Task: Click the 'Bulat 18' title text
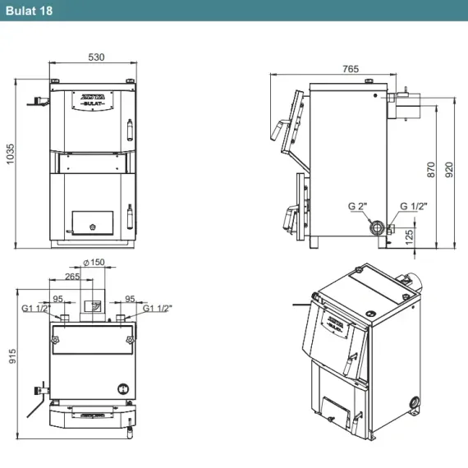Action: click(29, 11)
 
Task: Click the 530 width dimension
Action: click(96, 57)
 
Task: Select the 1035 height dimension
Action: click(10, 154)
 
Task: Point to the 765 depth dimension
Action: click(351, 69)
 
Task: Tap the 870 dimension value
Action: click(431, 170)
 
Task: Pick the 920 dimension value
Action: click(449, 170)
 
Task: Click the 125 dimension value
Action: click(410, 236)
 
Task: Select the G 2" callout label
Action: click(357, 206)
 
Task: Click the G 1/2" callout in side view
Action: click(413, 206)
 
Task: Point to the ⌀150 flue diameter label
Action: click(94, 263)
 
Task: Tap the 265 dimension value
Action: click(72, 277)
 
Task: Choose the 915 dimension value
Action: click(12, 356)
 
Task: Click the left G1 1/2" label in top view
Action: click(36, 309)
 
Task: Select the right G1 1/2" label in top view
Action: click(158, 309)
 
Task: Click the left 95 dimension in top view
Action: click(58, 299)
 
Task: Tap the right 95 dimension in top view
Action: click(130, 299)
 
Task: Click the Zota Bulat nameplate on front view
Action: click(93, 101)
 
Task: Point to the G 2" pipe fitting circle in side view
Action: click(377, 228)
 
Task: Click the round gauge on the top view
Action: click(123, 389)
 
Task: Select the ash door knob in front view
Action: click(93, 227)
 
